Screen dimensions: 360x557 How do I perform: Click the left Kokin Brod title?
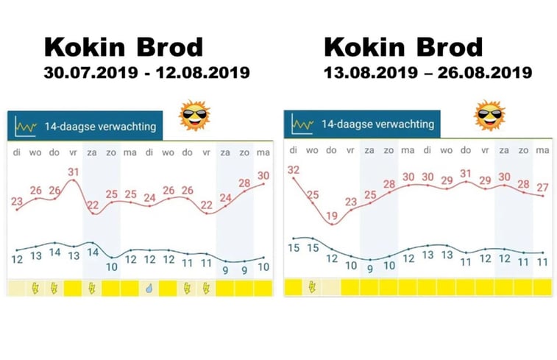pyautogui.click(x=123, y=47)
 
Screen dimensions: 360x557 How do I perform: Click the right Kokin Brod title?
pyautogui.click(x=402, y=47)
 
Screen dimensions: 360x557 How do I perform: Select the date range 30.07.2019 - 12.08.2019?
pyautogui.click(x=146, y=73)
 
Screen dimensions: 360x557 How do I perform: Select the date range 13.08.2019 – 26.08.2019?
pyautogui.click(x=427, y=73)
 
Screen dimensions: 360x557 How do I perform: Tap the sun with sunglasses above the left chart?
pyautogui.click(x=195, y=116)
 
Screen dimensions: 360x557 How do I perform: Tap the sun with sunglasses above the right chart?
pyautogui.click(x=489, y=116)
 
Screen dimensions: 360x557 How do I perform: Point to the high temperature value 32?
pyautogui.click(x=294, y=171)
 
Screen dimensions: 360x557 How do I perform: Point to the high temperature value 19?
pyautogui.click(x=331, y=216)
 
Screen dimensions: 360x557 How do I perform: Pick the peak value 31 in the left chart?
pyautogui.click(x=73, y=173)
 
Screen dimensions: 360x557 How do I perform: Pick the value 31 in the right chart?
pyautogui.click(x=465, y=173)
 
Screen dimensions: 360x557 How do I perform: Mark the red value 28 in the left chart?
pyautogui.click(x=245, y=183)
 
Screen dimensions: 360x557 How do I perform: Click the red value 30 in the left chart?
pyautogui.click(x=263, y=175)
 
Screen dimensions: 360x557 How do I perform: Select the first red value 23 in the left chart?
pyautogui.click(x=16, y=202)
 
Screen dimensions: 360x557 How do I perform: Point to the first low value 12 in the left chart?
pyautogui.click(x=16, y=259)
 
